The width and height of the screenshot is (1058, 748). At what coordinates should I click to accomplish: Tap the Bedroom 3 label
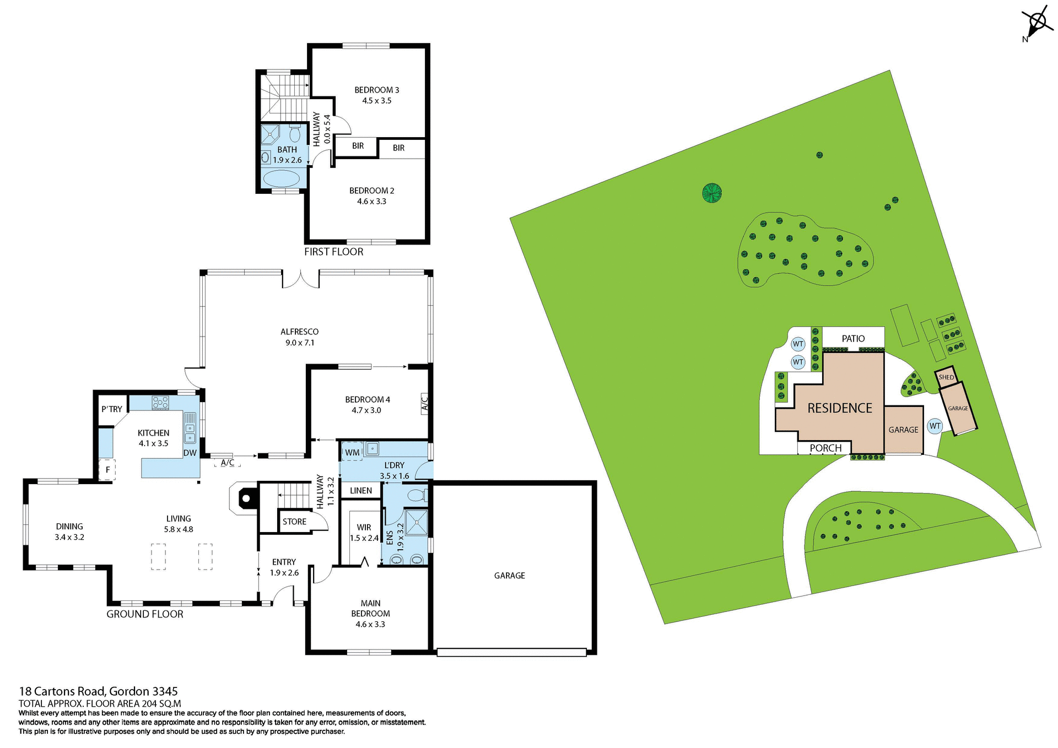(376, 90)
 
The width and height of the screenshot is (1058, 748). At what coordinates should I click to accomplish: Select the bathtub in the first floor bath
(282, 179)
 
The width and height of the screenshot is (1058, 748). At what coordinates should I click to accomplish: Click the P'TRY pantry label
(112, 409)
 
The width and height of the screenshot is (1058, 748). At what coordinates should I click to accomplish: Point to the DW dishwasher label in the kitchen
(190, 453)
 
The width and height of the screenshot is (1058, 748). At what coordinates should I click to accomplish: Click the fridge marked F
(107, 470)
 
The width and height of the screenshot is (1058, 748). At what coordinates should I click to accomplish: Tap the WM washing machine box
(352, 452)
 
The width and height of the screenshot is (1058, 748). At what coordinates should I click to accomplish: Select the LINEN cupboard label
(361, 490)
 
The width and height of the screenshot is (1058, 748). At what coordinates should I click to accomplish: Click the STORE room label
(294, 522)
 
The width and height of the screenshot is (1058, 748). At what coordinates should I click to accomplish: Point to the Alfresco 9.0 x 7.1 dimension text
(300, 343)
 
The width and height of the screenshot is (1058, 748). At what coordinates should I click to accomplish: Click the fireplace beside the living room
(245, 498)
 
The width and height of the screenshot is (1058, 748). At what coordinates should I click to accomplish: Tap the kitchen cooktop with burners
(160, 403)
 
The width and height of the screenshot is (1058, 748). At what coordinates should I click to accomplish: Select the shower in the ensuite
(417, 522)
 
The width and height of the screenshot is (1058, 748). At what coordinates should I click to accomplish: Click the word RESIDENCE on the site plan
(840, 408)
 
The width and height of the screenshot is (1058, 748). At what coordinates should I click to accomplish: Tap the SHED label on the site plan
(946, 377)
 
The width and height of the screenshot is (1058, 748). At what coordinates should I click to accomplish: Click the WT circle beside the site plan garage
(935, 426)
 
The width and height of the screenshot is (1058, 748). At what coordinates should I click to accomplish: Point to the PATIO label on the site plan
(853, 339)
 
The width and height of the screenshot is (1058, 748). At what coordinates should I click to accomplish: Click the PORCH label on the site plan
(825, 448)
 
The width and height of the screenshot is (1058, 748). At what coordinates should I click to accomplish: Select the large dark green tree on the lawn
(712, 193)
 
